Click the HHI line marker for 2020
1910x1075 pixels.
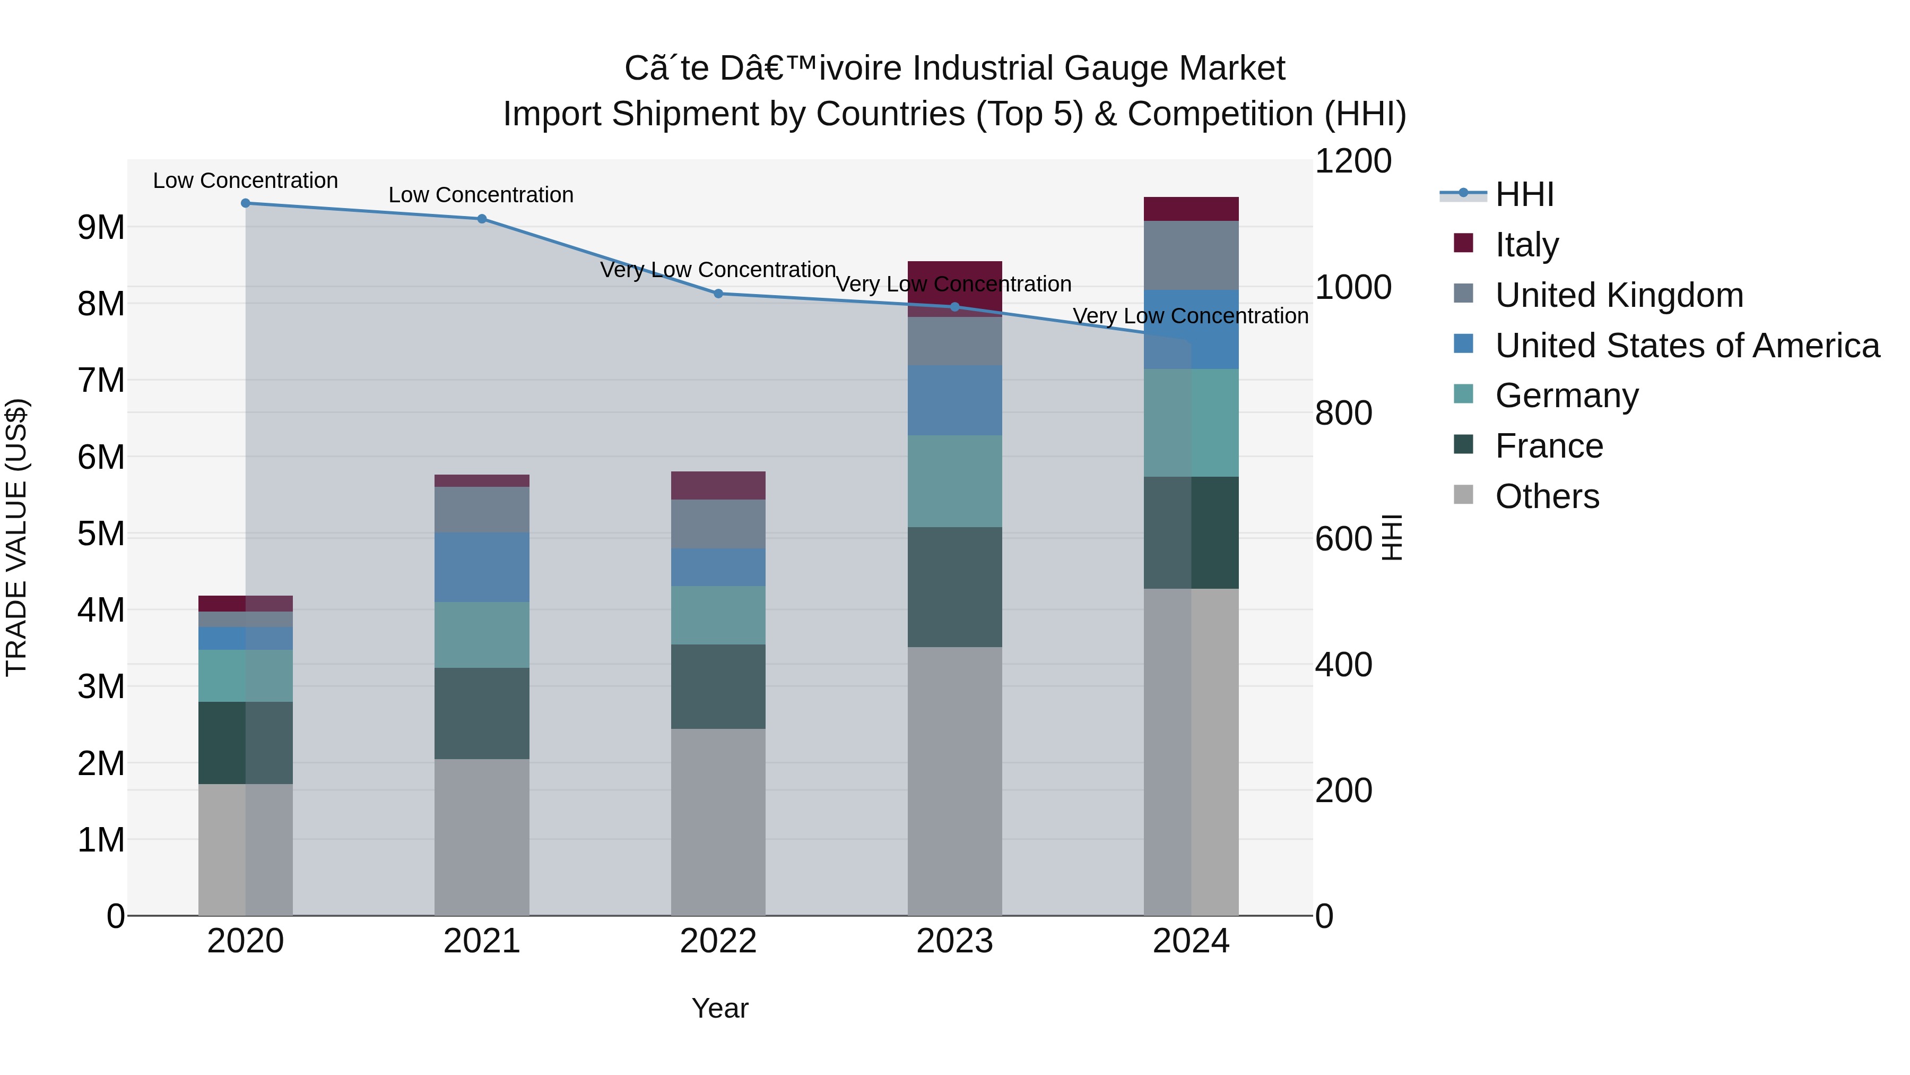tap(246, 203)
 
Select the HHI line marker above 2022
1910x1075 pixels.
tap(718, 294)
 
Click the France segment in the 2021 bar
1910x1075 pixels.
tap(481, 713)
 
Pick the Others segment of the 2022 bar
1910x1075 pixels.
tap(718, 821)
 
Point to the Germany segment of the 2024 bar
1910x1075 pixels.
tap(1191, 423)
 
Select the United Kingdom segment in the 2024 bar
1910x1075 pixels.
tap(1191, 255)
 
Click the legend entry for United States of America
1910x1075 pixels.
tap(1687, 346)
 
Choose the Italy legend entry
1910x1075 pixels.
tap(1526, 245)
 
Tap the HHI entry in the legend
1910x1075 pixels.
tap(1524, 194)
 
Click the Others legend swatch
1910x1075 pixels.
tap(1463, 495)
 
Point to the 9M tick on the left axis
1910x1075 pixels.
tap(101, 227)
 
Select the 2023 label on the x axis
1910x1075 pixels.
tap(954, 941)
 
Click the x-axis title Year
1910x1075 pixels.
tap(719, 1008)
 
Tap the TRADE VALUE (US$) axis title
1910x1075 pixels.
tap(16, 537)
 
